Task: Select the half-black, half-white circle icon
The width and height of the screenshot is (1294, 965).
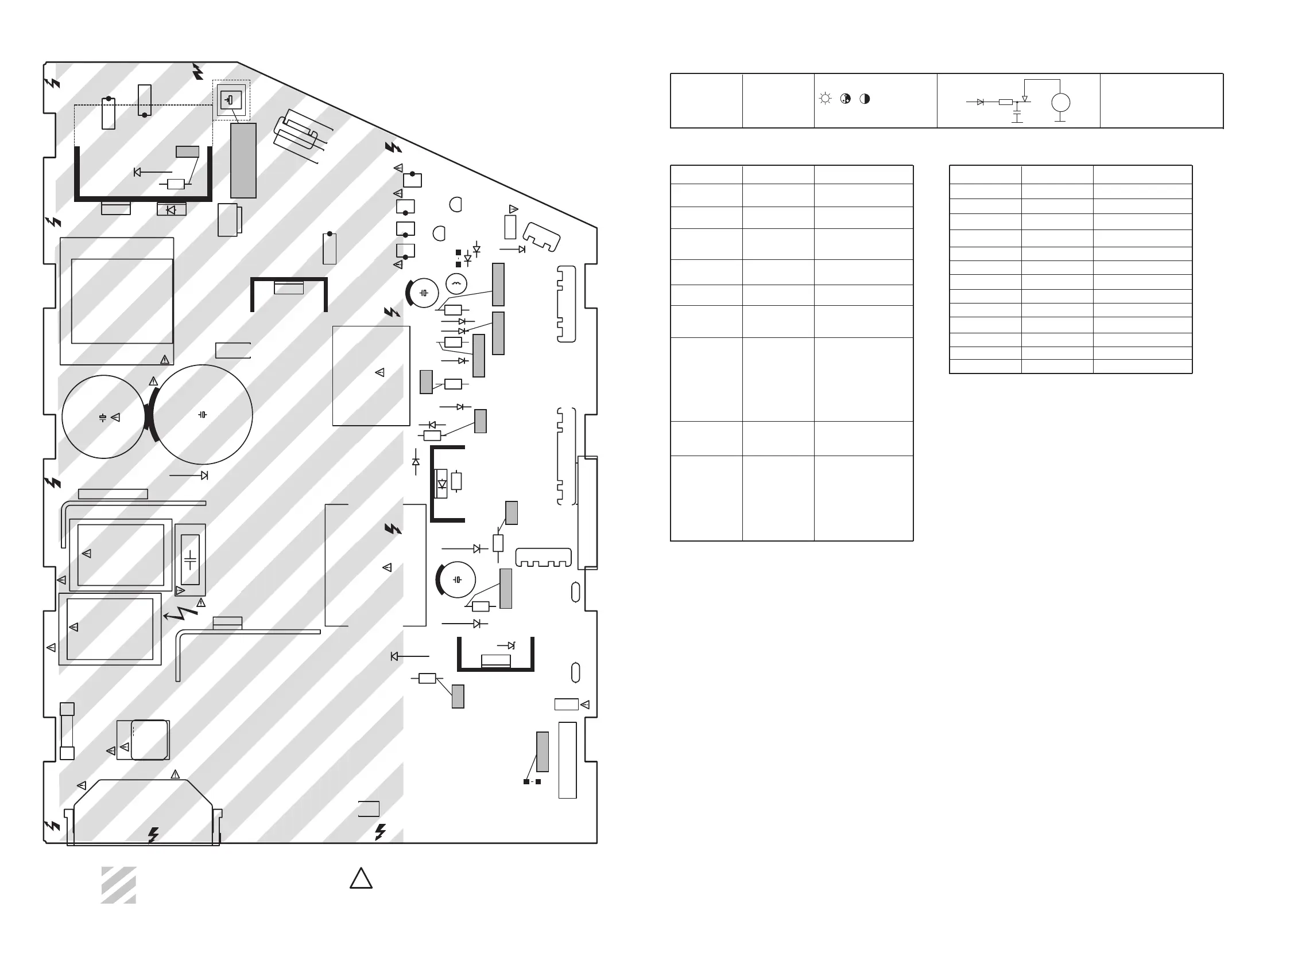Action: pyautogui.click(x=865, y=99)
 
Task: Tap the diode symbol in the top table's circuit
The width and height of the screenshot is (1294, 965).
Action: pyautogui.click(x=980, y=102)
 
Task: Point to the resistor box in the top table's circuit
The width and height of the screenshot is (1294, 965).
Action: pyautogui.click(x=1005, y=102)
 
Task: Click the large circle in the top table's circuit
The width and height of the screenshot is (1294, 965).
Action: pyautogui.click(x=1060, y=103)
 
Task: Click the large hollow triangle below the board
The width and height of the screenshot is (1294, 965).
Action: pyautogui.click(x=361, y=878)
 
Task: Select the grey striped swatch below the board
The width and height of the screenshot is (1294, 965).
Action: pyautogui.click(x=119, y=885)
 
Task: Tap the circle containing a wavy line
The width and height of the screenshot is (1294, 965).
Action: pyautogui.click(x=456, y=284)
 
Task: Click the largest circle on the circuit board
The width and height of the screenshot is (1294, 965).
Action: pyautogui.click(x=202, y=415)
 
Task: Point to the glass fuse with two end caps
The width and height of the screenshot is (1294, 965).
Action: pyautogui.click(x=67, y=731)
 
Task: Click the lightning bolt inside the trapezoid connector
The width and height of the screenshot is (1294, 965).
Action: pyautogui.click(x=153, y=835)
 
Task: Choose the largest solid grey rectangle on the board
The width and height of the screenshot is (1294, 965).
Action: pyautogui.click(x=243, y=161)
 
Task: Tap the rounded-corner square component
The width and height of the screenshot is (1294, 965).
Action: pyautogui.click(x=150, y=740)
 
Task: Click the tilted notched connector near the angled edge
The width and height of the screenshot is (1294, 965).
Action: pyautogui.click(x=541, y=236)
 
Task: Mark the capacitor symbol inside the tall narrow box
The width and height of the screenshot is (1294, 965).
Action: pyautogui.click(x=190, y=560)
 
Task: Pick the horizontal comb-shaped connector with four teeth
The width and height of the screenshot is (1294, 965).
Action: pyautogui.click(x=543, y=557)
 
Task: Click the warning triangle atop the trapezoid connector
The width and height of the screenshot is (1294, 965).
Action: pyautogui.click(x=175, y=775)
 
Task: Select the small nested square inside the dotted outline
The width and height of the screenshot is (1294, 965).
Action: pyautogui.click(x=231, y=100)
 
